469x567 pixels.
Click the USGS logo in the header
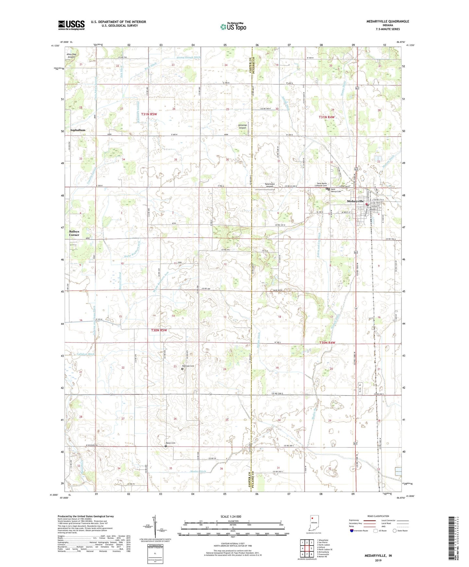pyautogui.click(x=71, y=25)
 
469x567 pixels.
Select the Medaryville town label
pyautogui.click(x=355, y=201)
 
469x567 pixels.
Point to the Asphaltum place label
pyautogui.click(x=78, y=130)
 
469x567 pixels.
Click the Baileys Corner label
pyautogui.click(x=74, y=233)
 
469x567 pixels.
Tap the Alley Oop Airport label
pyautogui.click(x=71, y=56)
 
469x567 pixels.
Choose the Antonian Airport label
pyautogui.click(x=242, y=126)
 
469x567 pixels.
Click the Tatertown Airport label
pyautogui.click(x=269, y=185)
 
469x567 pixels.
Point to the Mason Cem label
pyautogui.click(x=170, y=443)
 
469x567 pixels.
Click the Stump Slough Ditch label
pyautogui.click(x=189, y=57)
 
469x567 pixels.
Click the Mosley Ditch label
pyautogui.click(x=198, y=471)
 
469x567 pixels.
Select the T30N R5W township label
pyautogui.click(x=159, y=330)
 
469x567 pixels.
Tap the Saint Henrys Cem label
pyautogui.click(x=336, y=191)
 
